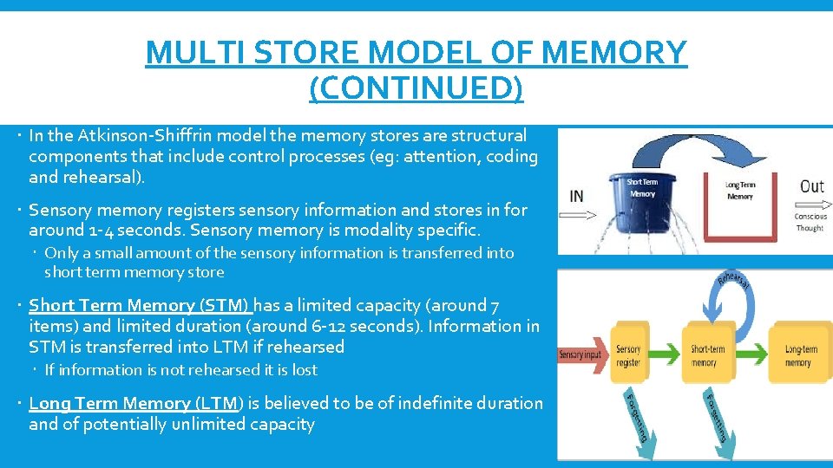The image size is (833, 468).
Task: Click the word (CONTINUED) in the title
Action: point(416,88)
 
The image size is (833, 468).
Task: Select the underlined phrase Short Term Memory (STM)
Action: point(140,305)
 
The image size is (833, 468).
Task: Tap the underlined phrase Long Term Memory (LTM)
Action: point(136,403)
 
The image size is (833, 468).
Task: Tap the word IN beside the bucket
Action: point(577,196)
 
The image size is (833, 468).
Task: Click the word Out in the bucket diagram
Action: point(811,186)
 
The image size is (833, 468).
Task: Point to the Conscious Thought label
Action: point(810,222)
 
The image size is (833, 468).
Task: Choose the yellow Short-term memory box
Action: point(709,355)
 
